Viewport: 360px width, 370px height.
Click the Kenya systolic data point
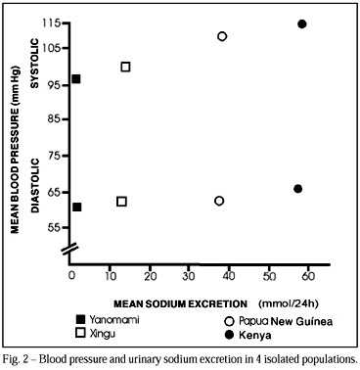[302, 23]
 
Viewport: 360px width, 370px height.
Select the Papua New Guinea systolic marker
[222, 36]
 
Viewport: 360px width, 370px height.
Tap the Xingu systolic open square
[125, 67]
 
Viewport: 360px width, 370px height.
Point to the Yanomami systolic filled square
[75, 79]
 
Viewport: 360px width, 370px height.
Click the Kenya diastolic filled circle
[297, 189]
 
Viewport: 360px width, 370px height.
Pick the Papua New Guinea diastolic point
[219, 201]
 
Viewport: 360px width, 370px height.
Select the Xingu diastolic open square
[121, 202]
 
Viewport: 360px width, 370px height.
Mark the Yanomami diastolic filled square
[76, 207]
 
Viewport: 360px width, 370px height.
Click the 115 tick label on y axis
[52, 23]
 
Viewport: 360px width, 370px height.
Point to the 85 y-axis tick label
[54, 119]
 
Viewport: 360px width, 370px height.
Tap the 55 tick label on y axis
[54, 227]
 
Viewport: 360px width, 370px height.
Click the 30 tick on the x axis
[189, 276]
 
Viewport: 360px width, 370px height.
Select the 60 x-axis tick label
[308, 276]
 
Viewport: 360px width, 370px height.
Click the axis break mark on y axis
[69, 248]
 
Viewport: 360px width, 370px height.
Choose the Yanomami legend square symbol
[80, 320]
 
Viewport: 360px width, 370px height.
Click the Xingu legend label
[103, 334]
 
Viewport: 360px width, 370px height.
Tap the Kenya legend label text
[255, 335]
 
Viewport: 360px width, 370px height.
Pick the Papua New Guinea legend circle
[230, 321]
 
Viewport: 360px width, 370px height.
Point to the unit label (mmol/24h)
[289, 304]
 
